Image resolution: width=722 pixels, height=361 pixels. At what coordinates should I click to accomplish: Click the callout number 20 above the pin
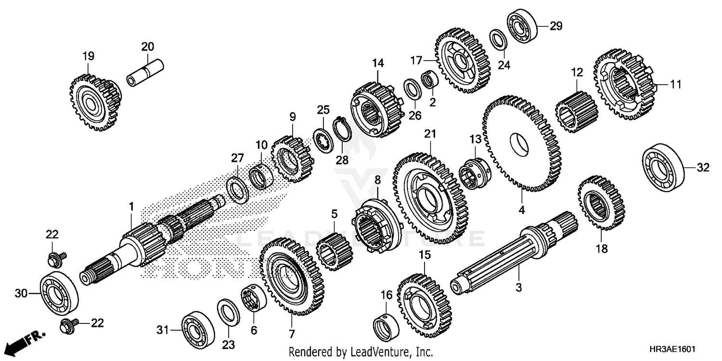coord(147,47)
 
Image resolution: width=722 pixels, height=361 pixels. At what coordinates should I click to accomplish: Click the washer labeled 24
coord(497,39)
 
